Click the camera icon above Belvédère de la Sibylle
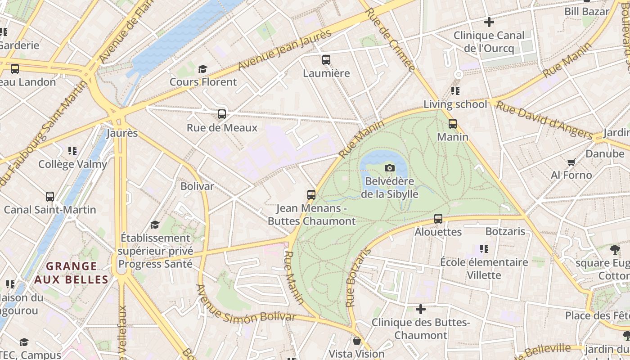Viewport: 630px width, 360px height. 390,168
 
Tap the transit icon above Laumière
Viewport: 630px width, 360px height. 326,59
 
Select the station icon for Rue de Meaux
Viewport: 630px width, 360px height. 222,114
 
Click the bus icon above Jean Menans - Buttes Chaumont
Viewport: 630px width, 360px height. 311,195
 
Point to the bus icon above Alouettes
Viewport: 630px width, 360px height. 438,219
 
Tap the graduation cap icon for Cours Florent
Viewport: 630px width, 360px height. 203,69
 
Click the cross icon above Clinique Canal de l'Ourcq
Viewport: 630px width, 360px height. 489,22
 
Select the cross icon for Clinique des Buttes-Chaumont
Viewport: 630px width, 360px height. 421,309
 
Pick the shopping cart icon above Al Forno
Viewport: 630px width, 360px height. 571,162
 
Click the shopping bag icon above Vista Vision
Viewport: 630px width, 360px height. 357,341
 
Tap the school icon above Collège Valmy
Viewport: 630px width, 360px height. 72,151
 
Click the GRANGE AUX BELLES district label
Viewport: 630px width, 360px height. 72,273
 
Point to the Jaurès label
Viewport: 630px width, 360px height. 122,133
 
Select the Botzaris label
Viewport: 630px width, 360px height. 505,231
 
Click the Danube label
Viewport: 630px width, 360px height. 605,154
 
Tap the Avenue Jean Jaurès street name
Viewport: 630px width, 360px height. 284,49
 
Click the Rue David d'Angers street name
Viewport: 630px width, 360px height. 544,119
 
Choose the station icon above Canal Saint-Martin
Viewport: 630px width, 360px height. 50,197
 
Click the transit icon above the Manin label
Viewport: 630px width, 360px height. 453,124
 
